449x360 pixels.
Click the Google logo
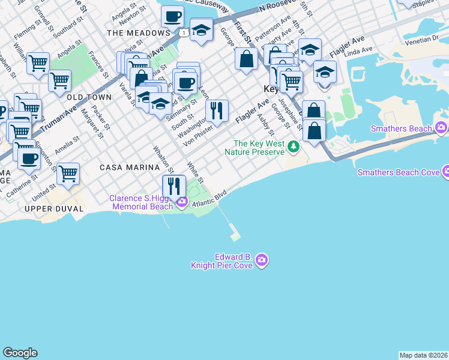(20, 353)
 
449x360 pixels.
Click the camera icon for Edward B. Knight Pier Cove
(261, 260)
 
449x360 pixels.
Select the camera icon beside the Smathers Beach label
(442, 128)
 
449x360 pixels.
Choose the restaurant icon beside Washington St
(217, 110)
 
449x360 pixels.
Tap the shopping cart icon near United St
(68, 174)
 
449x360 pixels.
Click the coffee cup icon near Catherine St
(29, 159)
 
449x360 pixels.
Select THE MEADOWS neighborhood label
(138, 32)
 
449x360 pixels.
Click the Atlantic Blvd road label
(211, 200)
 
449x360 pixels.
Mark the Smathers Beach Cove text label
(398, 172)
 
